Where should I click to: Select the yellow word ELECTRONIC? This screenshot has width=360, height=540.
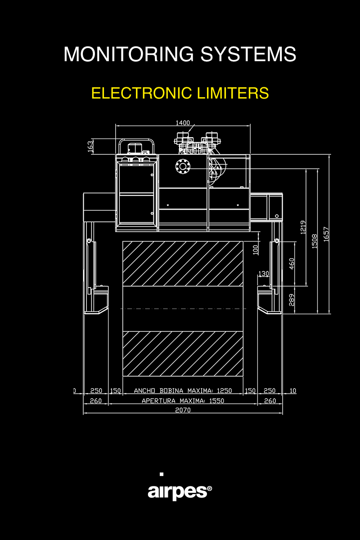(x=142, y=93)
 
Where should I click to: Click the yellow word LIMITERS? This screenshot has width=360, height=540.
(x=233, y=93)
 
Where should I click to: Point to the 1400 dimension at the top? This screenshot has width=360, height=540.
(x=183, y=123)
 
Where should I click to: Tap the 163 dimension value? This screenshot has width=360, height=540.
(x=90, y=146)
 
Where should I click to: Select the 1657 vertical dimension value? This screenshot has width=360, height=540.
(x=326, y=234)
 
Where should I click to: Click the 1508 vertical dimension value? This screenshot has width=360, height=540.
(x=315, y=241)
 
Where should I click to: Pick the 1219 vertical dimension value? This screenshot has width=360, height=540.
(x=303, y=227)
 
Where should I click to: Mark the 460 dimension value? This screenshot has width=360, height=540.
(x=292, y=264)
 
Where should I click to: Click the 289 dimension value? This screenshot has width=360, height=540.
(x=292, y=300)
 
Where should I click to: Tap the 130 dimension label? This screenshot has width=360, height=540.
(x=263, y=274)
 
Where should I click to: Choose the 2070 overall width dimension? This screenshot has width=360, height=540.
(x=183, y=410)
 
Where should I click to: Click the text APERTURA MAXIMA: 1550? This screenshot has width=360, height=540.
(x=183, y=400)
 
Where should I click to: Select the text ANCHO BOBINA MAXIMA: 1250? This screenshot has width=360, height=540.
(x=183, y=391)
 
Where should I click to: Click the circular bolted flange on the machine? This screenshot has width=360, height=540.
(x=183, y=166)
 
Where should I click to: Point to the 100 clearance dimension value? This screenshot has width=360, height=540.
(x=256, y=250)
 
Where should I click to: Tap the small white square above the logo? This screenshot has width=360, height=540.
(x=162, y=474)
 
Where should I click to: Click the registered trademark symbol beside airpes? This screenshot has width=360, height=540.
(x=210, y=489)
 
